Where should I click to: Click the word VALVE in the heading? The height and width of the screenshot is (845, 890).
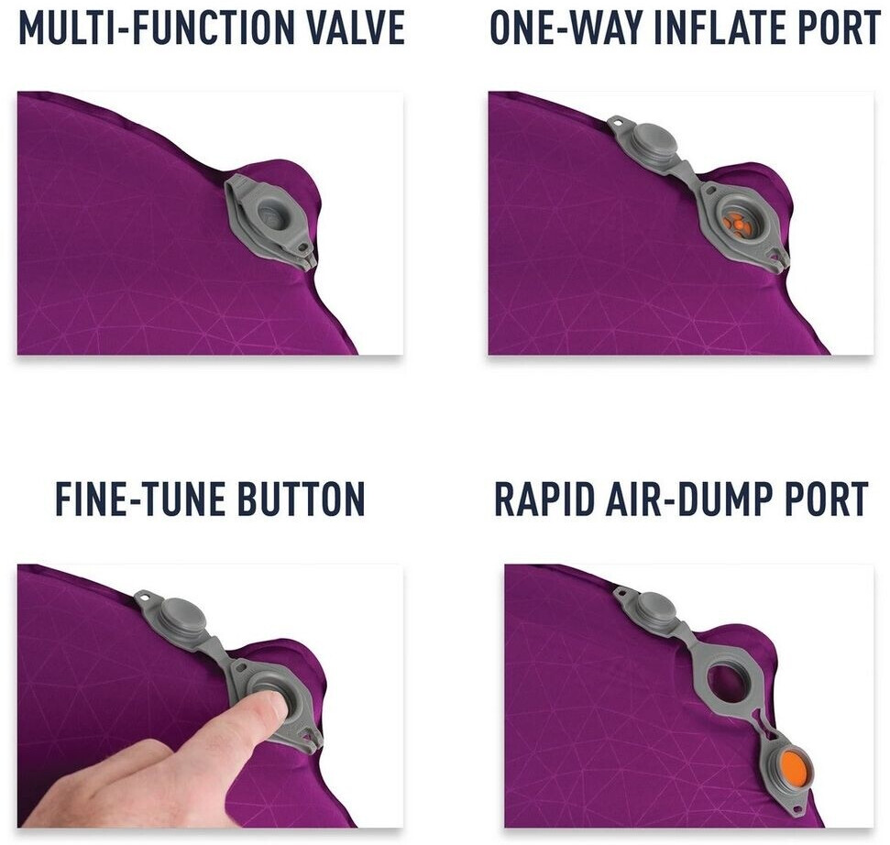(348, 27)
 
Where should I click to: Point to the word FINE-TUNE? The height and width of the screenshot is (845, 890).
(140, 499)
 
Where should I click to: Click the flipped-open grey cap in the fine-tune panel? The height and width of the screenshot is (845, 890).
(179, 615)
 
